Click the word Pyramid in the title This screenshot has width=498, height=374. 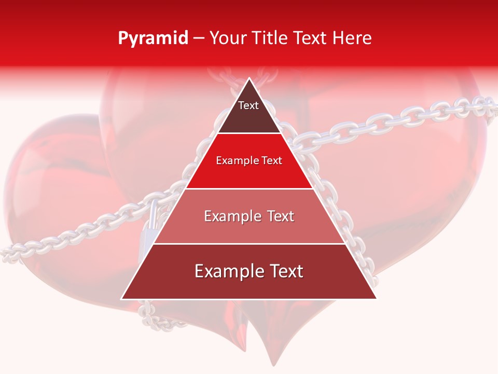pos(153,38)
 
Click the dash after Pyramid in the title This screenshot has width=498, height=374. pos(199,38)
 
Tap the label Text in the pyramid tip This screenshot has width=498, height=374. pos(248,106)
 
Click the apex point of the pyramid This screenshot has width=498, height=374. pos(249,78)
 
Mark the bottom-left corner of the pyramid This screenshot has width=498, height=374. pos(121,299)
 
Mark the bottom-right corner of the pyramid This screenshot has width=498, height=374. pos(377,299)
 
